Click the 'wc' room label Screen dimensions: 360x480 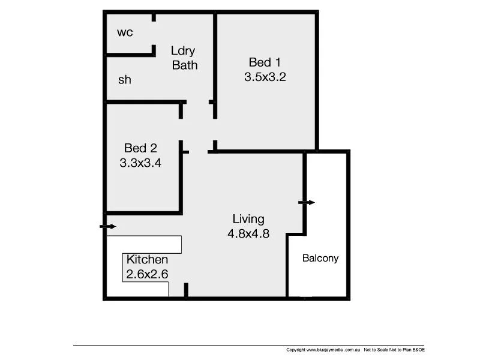point(125,32)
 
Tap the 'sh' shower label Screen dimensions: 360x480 point(124,80)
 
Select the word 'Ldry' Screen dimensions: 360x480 point(183,51)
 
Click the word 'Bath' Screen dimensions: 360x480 point(185,65)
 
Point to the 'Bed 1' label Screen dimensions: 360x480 point(265,62)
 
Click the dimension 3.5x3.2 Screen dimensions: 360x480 point(265,77)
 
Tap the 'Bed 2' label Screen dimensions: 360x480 point(140,148)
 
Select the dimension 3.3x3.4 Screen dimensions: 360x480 point(141,162)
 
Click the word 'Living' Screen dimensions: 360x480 point(248,219)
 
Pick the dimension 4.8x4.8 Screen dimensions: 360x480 point(248,234)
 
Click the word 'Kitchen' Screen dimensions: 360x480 point(147,260)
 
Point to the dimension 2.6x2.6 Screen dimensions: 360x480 point(147,274)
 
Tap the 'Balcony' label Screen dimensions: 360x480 point(320,259)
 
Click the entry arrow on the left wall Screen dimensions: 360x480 point(108,226)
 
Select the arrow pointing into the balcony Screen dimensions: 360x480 point(307,203)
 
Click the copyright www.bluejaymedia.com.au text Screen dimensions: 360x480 point(323,350)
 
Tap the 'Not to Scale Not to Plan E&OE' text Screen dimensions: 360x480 point(394,350)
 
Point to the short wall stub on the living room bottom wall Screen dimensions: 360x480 point(186,290)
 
